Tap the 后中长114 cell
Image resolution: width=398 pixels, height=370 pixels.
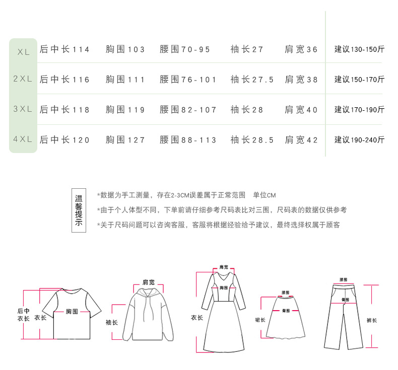[x=64, y=49]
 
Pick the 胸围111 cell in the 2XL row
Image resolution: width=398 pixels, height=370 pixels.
[x=125, y=80]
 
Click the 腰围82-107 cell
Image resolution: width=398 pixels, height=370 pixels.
[x=188, y=110]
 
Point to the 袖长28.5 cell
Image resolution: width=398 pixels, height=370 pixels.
[x=252, y=140]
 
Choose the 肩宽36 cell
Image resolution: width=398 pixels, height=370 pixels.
[x=301, y=49]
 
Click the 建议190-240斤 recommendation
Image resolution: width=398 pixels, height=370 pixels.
[x=359, y=140]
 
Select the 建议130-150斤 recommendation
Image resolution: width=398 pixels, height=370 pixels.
[x=359, y=49]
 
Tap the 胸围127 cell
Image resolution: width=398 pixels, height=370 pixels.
[x=125, y=140]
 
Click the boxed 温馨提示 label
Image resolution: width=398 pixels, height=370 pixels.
[x=79, y=210]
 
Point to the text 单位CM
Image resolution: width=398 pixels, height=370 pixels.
[x=264, y=195]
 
